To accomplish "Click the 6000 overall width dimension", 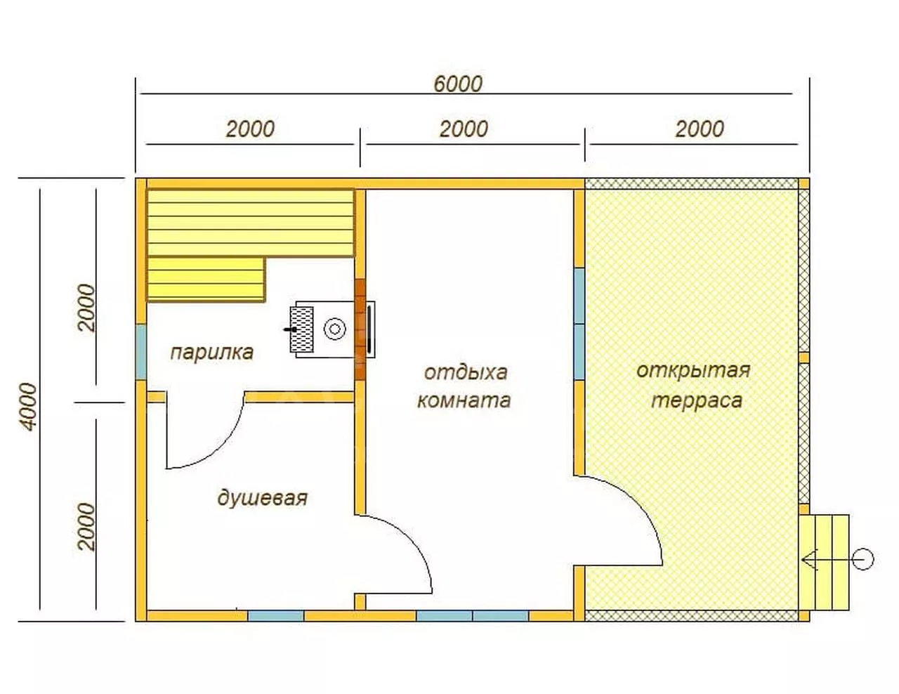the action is coord(457,84).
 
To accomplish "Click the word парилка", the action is coord(212,353).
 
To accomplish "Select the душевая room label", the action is coord(262,497).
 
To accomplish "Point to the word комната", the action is coord(464,400).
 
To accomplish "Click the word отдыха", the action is coord(466,372).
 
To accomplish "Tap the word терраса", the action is coord(697,401).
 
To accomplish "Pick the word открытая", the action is coord(693,371).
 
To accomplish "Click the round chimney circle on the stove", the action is coord(334,329).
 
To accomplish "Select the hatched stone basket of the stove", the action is coord(301,329).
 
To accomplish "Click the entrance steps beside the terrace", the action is coord(824,563).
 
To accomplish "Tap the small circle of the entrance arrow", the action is coord(863,560).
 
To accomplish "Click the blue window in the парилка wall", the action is coord(141,352).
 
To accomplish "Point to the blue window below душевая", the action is coord(276,616).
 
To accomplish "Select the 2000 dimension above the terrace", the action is coord(700,129).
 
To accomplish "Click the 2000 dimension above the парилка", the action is coord(250,129).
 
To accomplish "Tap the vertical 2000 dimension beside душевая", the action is coord(86,527).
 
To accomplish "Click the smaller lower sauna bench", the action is coord(206,280).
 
